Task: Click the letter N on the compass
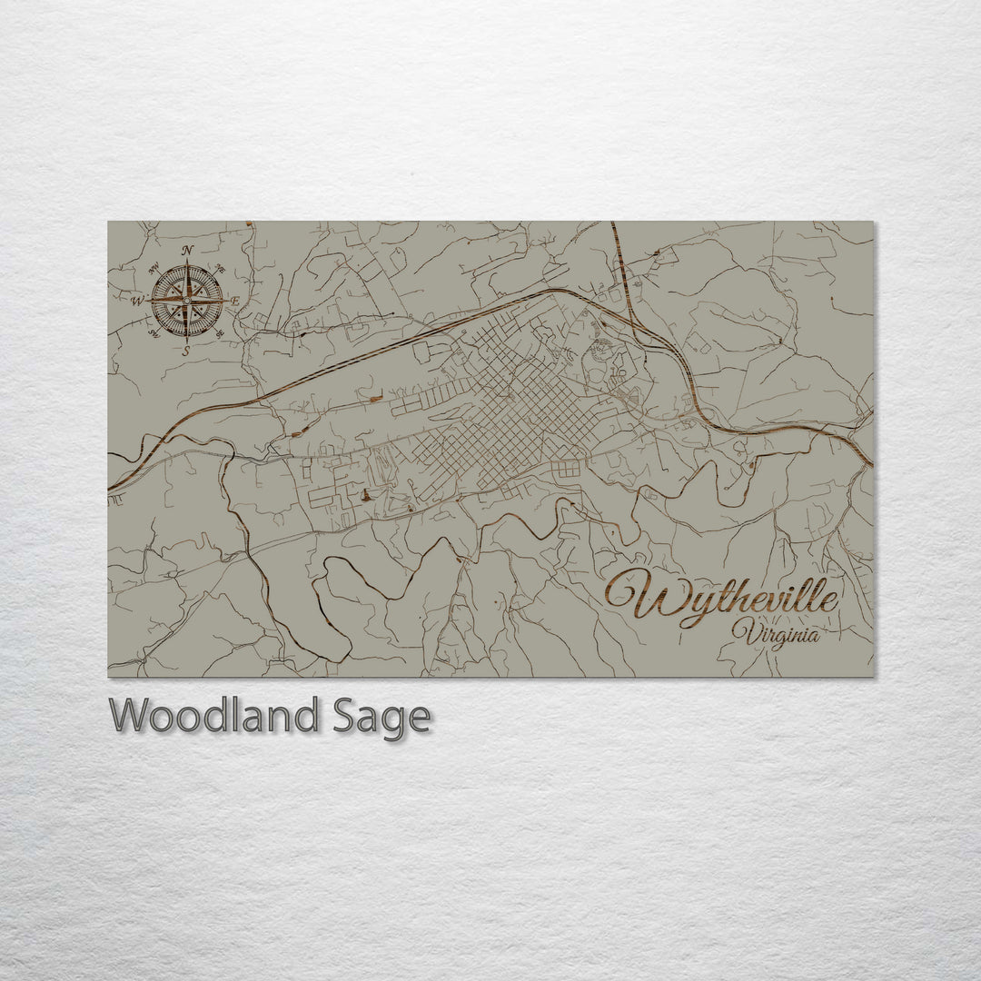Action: [x=187, y=251]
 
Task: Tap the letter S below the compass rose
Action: [x=186, y=351]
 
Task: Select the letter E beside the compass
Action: [x=235, y=302]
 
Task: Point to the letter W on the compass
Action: [x=137, y=301]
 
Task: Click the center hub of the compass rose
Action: [x=187, y=301]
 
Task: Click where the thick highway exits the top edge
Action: [x=613, y=224]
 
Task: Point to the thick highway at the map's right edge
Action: [x=869, y=462]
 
